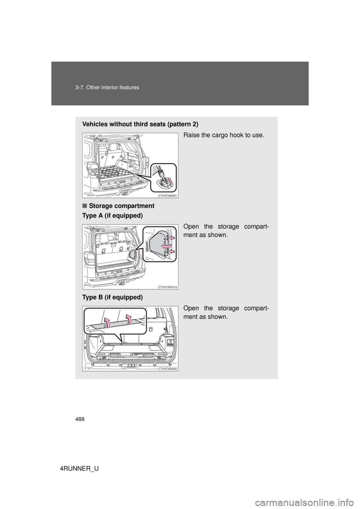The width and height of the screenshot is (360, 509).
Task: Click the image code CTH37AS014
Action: point(168,287)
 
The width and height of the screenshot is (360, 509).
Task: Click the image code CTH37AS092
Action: point(168,369)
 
